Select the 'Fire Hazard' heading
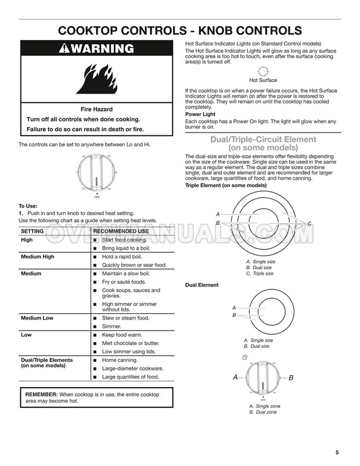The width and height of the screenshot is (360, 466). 96,109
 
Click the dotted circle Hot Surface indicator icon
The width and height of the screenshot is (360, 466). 263,71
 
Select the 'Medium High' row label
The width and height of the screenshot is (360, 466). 39,256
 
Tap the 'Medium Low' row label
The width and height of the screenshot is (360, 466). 37,318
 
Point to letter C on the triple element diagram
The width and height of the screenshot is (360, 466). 309,224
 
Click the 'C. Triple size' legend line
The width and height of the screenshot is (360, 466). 260,273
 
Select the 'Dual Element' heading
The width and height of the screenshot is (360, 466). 201,285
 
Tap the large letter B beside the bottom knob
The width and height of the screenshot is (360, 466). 291,378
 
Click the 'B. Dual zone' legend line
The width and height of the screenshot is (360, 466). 263,412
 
